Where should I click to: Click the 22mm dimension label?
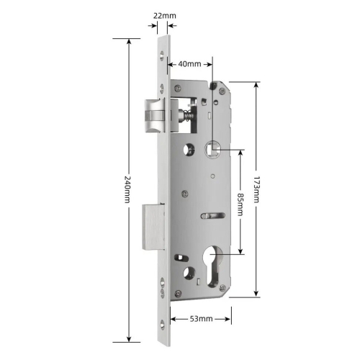[x=165, y=16]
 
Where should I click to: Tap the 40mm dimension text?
[x=189, y=64]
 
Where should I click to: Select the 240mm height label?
[x=127, y=189]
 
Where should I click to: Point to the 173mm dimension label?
[x=256, y=189]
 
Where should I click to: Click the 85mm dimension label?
[x=240, y=204]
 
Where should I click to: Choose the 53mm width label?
[x=202, y=319]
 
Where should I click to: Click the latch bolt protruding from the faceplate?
[x=155, y=116]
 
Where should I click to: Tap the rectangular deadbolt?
[x=153, y=227]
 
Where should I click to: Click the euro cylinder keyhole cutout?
[x=212, y=266]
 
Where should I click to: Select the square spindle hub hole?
[x=212, y=149]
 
